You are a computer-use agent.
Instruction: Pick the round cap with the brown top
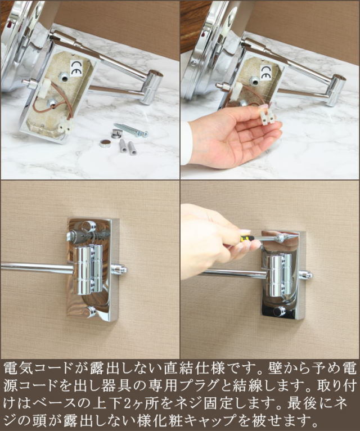105,143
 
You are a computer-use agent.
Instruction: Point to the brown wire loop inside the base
43,105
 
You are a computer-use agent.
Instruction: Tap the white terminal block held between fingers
265,116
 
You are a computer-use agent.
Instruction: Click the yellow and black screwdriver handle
245,239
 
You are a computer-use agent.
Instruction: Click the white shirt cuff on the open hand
186,143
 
